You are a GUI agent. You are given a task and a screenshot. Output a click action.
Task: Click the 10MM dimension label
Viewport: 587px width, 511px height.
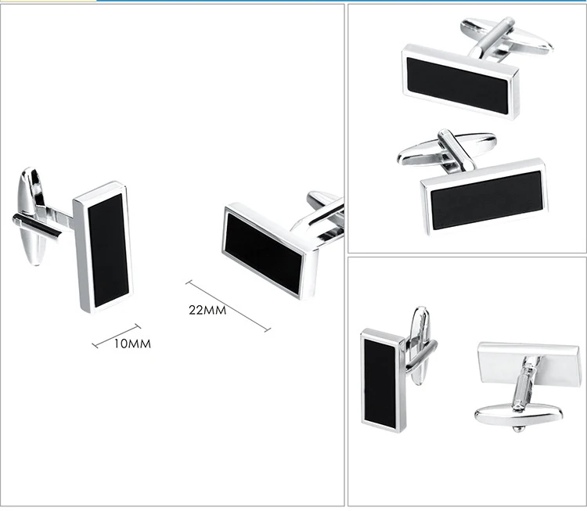click(x=132, y=344)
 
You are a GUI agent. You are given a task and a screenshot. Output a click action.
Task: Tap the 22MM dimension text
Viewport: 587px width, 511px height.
click(x=207, y=310)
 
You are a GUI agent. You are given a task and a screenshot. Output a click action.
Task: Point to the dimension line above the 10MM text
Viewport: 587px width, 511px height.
click(x=117, y=336)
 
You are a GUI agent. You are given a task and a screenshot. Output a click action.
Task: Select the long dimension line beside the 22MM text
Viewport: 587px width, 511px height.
click(x=228, y=306)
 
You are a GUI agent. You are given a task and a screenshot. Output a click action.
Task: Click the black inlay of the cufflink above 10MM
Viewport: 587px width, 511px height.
click(x=108, y=250)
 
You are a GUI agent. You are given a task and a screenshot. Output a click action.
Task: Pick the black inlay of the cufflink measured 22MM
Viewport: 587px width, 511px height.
click(x=263, y=253)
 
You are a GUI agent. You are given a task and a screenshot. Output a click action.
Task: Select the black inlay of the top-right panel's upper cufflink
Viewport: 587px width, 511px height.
click(x=458, y=85)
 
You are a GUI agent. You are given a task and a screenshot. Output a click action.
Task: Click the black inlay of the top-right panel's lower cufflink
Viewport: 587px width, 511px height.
click(x=486, y=200)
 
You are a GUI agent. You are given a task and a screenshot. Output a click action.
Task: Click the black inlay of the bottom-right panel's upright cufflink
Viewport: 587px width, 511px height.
click(x=380, y=383)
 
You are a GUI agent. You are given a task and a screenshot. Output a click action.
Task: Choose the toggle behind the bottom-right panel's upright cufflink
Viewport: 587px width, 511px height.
click(x=420, y=345)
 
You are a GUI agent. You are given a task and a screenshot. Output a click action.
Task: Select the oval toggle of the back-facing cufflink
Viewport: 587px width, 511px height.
click(x=518, y=416)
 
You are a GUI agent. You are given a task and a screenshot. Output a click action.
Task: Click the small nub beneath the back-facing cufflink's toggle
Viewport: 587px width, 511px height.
click(x=518, y=429)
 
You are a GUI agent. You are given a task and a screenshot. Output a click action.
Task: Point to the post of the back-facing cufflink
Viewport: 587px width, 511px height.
click(x=525, y=383)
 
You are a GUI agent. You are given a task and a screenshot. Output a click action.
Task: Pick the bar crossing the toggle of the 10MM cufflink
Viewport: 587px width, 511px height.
click(x=36, y=225)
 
